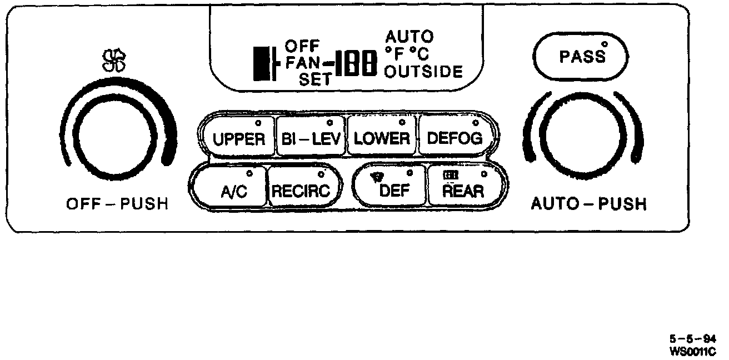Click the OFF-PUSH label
(x=117, y=204)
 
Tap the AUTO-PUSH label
(x=589, y=204)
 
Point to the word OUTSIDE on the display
(x=423, y=72)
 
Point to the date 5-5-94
(x=693, y=340)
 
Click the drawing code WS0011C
(x=693, y=351)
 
